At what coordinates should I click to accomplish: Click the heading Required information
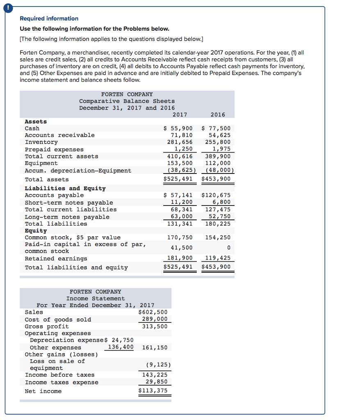pyautogui.click(x=49, y=18)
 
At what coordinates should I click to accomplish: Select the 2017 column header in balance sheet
pyautogui.click(x=180, y=114)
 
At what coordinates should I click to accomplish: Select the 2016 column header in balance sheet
pyautogui.click(x=217, y=114)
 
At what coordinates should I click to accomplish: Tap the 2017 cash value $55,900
pyautogui.click(x=178, y=128)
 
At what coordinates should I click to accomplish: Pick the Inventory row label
pyautogui.click(x=41, y=142)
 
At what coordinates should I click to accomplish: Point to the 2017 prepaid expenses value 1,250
pyautogui.click(x=183, y=149)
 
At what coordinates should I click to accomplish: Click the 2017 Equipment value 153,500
pyautogui.click(x=180, y=163)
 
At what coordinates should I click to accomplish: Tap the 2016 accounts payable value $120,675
pyautogui.click(x=216, y=195)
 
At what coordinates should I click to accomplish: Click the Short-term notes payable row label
pyautogui.click(x=69, y=203)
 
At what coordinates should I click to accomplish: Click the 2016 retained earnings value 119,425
pyautogui.click(x=218, y=258)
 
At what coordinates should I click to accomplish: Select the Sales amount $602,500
pyautogui.click(x=153, y=312)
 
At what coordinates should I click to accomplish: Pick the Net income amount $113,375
pyautogui.click(x=153, y=390)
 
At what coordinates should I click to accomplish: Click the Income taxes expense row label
pyautogui.click(x=62, y=382)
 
